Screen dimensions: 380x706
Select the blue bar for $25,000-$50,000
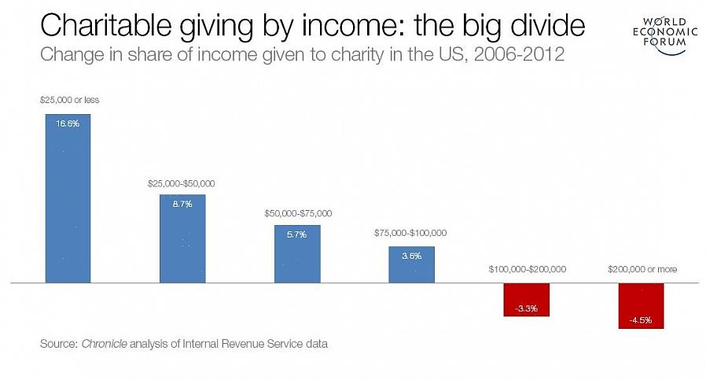[x=182, y=238]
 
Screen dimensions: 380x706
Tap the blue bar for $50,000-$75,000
[x=297, y=253]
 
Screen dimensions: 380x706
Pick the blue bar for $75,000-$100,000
[x=411, y=264]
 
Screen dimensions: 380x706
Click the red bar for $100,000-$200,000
[x=526, y=300]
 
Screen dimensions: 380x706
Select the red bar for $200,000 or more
[x=641, y=305]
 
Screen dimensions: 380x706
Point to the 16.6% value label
[x=68, y=124]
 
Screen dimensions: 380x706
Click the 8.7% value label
[x=182, y=203]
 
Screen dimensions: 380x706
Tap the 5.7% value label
[x=297, y=234]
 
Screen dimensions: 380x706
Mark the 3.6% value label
[x=411, y=256]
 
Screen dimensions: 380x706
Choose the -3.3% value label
[x=526, y=308]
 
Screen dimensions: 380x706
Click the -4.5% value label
[x=641, y=320]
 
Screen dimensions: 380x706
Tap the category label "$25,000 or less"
[x=69, y=100]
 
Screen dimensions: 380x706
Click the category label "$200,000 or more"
[x=642, y=269]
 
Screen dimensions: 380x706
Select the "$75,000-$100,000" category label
[x=411, y=233]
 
